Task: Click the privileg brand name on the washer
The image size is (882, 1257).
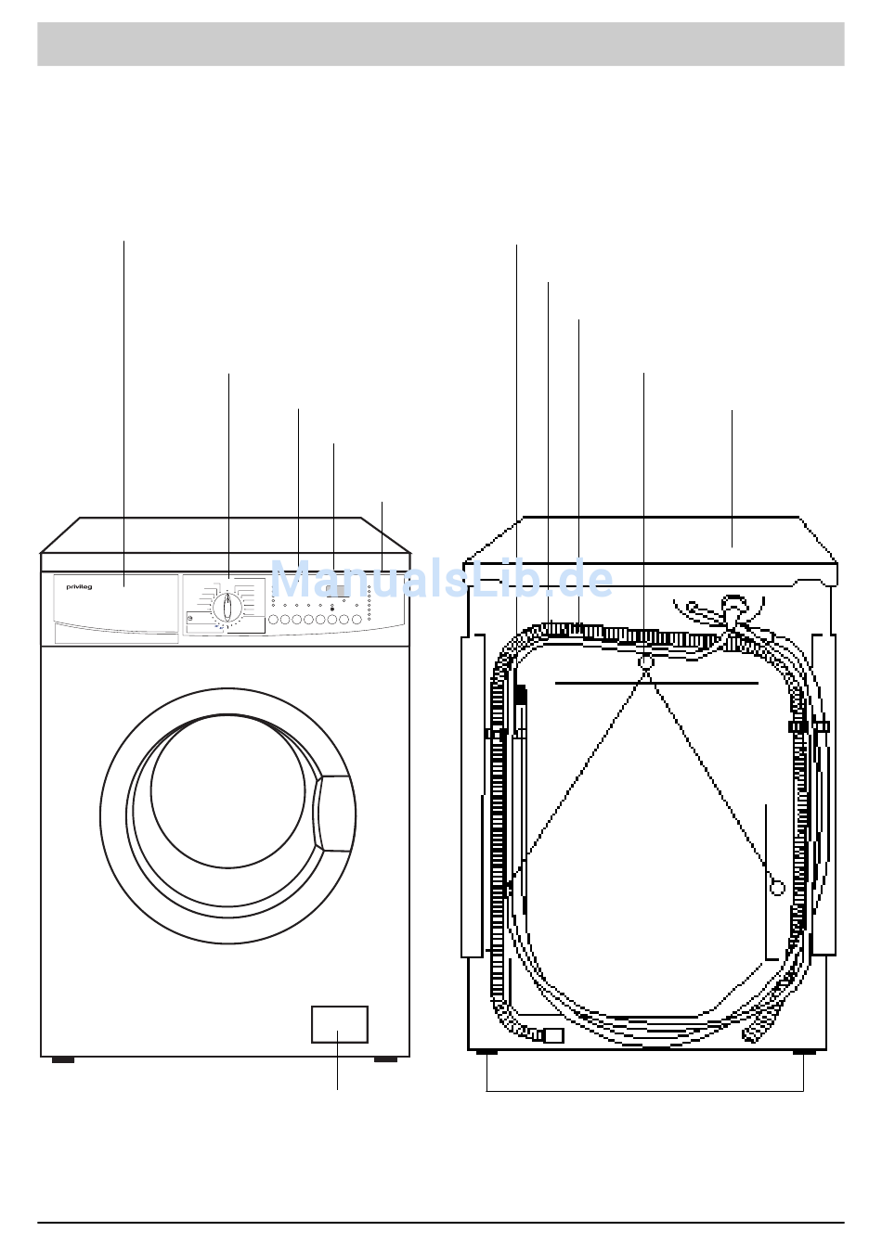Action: [x=79, y=587]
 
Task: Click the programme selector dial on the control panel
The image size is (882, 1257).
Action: [x=227, y=608]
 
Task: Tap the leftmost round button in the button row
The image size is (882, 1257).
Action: [x=273, y=620]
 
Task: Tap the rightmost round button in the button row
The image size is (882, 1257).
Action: [x=357, y=620]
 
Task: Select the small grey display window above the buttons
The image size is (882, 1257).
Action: [x=338, y=591]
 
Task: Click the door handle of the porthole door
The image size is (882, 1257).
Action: [x=333, y=814]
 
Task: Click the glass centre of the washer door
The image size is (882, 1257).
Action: [x=227, y=791]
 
